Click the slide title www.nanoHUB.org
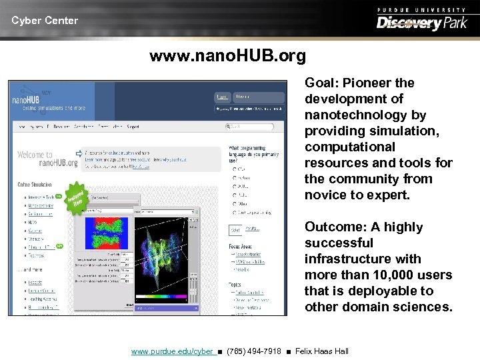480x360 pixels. [x=227, y=56]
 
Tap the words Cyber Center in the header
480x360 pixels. [x=45, y=21]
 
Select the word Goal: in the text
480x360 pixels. [x=323, y=83]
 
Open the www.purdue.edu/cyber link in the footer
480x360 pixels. [x=172, y=351]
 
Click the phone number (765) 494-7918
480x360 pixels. [x=254, y=351]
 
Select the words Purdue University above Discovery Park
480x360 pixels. [x=421, y=9]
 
